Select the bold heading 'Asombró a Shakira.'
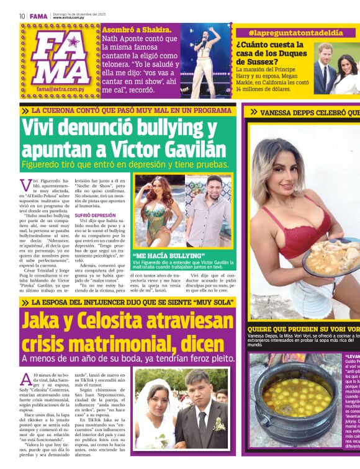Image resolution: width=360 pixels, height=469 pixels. (137, 30)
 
